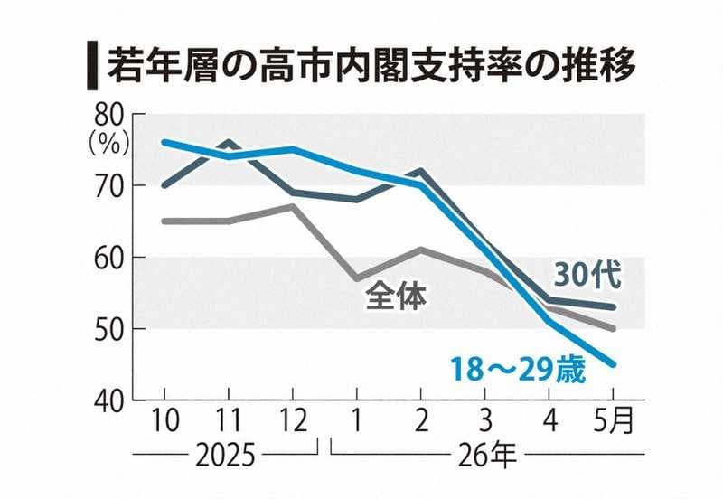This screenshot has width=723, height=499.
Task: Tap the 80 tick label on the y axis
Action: [x=109, y=116]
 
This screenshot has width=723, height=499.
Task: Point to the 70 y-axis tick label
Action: [x=109, y=186]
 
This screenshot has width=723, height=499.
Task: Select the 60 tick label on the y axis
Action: [x=109, y=258]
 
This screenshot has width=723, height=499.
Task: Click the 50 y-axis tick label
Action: [x=109, y=329]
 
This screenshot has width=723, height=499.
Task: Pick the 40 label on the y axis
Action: [x=109, y=402]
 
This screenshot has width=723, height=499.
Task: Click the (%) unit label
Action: [x=109, y=146]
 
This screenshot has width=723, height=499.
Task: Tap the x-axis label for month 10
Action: [x=165, y=420]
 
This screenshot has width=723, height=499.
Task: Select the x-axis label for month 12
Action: [x=293, y=420]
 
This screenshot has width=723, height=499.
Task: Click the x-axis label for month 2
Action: [x=421, y=420]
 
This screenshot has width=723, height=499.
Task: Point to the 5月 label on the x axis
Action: [x=614, y=420]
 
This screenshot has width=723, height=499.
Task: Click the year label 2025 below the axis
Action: [x=225, y=456]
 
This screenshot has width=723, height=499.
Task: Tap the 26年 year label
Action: [x=487, y=456]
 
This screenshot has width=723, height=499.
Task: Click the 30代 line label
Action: [x=588, y=276]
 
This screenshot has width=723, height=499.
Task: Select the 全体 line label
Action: [x=396, y=297]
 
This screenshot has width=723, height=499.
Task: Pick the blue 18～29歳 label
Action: [x=518, y=370]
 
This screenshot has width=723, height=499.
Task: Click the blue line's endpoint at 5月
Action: [x=613, y=364]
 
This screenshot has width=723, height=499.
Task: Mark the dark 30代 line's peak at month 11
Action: [x=230, y=143]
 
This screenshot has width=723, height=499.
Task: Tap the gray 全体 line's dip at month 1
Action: [x=357, y=278]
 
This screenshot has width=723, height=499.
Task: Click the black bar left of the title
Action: [x=92, y=65]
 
